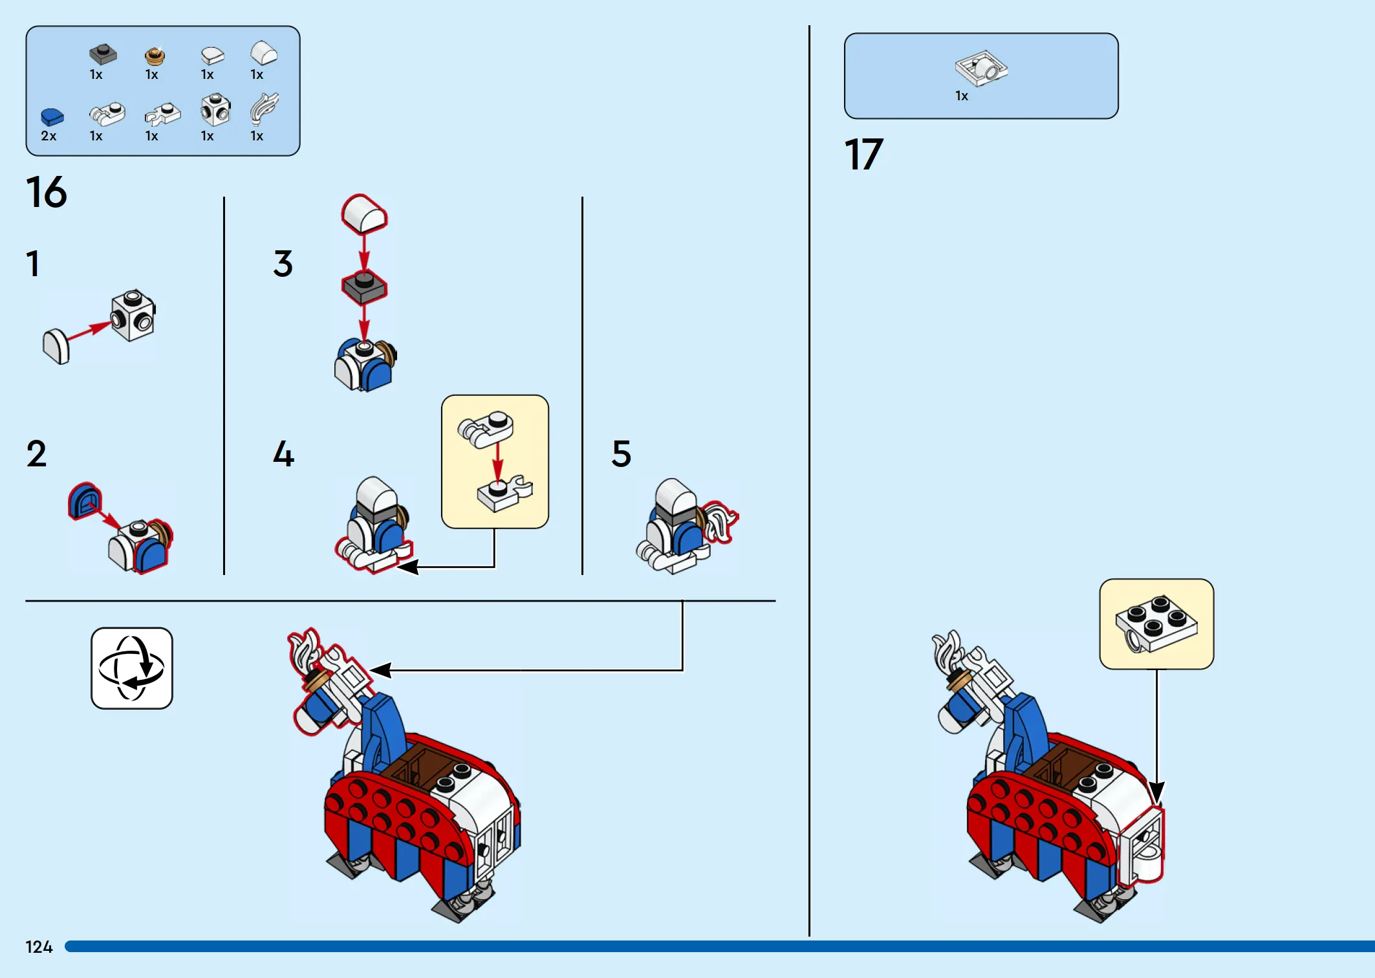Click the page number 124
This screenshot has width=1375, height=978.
pos(39,947)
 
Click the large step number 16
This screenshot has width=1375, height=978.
pos(47,192)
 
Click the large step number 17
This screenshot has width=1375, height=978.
pos(864,155)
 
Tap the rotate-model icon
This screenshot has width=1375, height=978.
pos(132,668)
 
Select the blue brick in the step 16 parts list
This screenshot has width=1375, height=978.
pos(52,116)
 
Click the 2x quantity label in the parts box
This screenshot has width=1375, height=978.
pos(49,136)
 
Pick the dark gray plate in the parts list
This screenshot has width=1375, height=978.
pos(103,54)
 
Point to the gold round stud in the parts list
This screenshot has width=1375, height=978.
pos(155,56)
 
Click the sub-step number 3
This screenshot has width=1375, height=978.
pos(283,263)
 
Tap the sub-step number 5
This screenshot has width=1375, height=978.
pos(621,453)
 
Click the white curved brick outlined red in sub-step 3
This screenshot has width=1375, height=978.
pos(364,214)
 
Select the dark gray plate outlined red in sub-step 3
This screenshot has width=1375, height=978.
pos(364,288)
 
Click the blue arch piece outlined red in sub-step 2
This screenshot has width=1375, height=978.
pos(85,501)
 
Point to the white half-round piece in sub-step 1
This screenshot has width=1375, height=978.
pos(56,347)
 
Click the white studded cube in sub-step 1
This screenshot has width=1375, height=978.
pos(133,315)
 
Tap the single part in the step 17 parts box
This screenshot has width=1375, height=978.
pos(981,69)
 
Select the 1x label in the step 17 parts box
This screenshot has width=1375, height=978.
pos(962,96)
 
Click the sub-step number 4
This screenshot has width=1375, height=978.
pos(283,453)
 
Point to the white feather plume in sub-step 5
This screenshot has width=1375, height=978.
pos(720,522)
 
